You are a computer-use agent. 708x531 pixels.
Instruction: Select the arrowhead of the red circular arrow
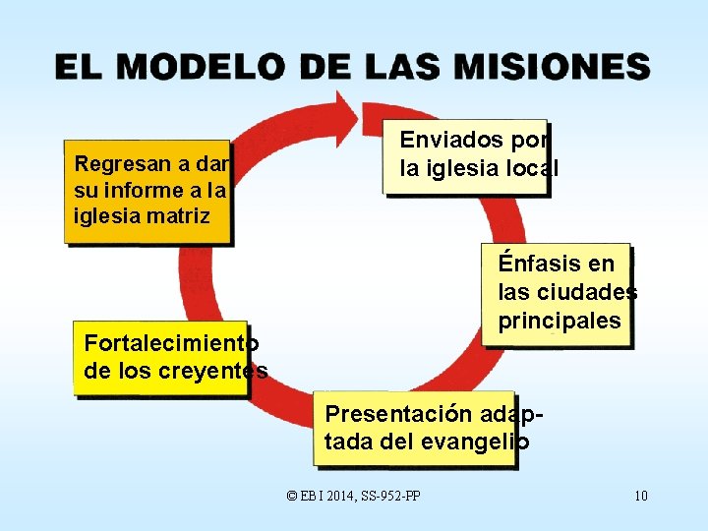(x=350, y=109)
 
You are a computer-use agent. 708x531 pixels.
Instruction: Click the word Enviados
(x=447, y=141)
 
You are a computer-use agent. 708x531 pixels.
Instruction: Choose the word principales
(x=559, y=321)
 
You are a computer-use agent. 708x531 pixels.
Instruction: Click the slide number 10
(x=640, y=495)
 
